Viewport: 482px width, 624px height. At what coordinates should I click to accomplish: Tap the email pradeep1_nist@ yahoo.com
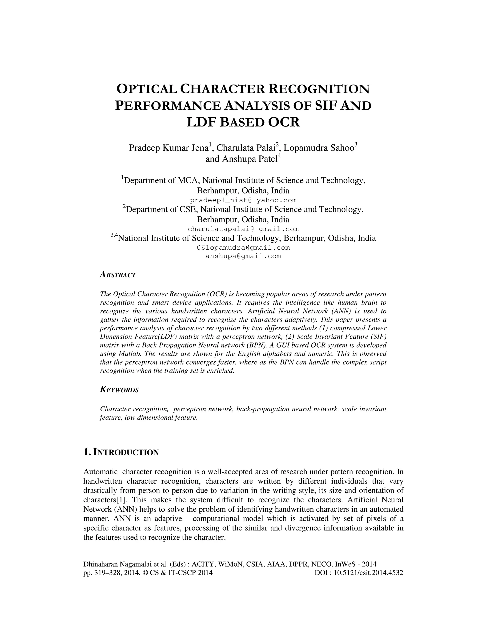click(243, 200)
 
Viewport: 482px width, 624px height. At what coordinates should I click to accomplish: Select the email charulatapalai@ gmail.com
click(243, 229)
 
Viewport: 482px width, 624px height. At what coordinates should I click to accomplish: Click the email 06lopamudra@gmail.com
click(243, 248)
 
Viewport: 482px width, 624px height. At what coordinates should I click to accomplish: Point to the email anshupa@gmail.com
click(243, 256)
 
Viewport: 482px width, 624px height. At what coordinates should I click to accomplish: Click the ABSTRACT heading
click(118, 275)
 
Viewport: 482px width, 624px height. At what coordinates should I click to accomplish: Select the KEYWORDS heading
click(119, 390)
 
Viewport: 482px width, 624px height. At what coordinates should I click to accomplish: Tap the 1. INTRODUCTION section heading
click(121, 453)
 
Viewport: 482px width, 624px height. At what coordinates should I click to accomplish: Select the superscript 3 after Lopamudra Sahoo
click(356, 145)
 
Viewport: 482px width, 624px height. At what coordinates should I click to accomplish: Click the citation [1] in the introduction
click(122, 500)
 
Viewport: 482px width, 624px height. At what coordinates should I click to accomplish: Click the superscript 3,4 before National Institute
click(114, 235)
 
